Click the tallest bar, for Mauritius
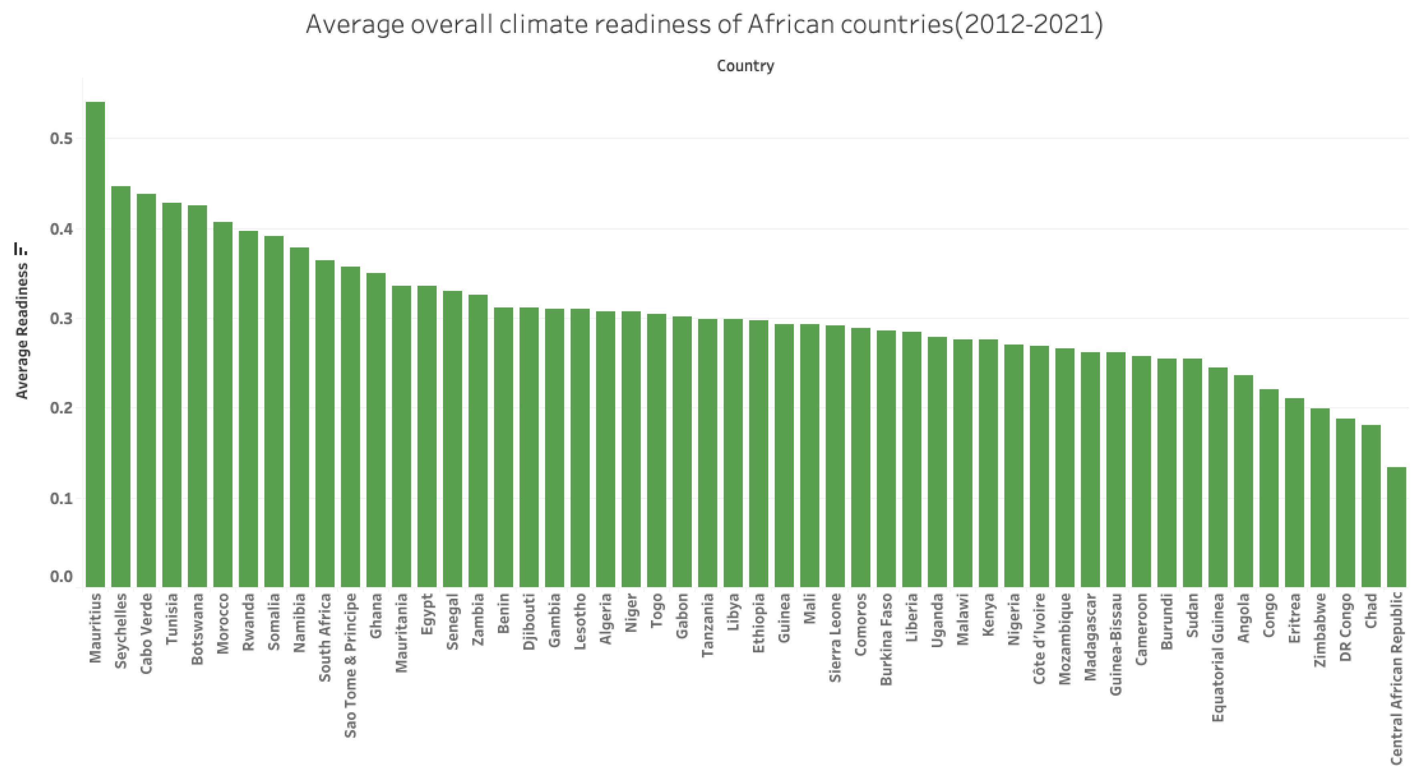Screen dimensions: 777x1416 [95, 344]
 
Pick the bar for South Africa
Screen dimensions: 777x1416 [325, 424]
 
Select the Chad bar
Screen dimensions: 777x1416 [1371, 506]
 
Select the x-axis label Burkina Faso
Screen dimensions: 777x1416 [886, 639]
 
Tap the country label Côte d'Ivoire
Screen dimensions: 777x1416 [1039, 638]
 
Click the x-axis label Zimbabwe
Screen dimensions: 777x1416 [1320, 630]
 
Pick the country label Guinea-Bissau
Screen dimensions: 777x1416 [1115, 644]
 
